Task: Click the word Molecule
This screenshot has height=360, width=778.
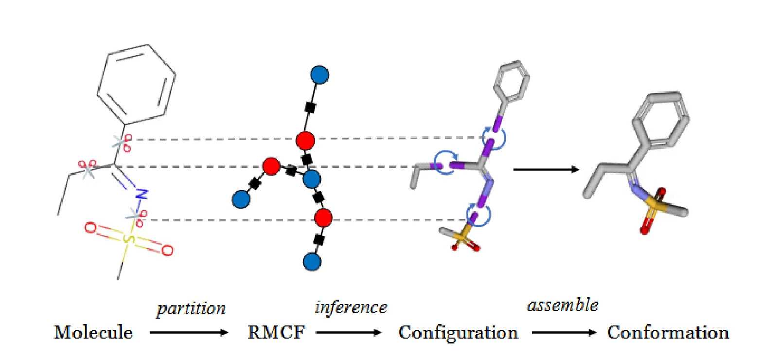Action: coord(93,332)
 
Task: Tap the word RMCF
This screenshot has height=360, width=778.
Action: coord(277,332)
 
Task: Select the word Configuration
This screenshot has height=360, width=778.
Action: coord(458,333)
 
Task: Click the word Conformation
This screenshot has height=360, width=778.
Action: coord(668,332)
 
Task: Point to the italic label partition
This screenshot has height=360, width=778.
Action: coord(191,308)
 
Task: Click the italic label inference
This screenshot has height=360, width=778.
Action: coord(351,307)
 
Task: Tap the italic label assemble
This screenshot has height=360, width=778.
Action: coord(563,305)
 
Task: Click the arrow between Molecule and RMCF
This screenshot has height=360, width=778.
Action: coord(189,333)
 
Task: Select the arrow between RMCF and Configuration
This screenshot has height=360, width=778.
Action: coord(349,333)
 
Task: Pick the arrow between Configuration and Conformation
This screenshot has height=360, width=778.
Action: coord(565,333)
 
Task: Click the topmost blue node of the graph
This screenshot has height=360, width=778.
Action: coord(319,75)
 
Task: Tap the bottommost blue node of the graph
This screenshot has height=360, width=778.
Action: coord(312,262)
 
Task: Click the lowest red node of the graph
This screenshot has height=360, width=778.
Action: coord(323,218)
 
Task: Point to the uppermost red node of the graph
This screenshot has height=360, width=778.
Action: coord(306,141)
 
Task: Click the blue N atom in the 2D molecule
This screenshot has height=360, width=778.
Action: coord(141,194)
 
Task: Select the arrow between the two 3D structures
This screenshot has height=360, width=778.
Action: coord(547,170)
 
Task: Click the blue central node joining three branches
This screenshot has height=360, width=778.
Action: coord(312,179)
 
